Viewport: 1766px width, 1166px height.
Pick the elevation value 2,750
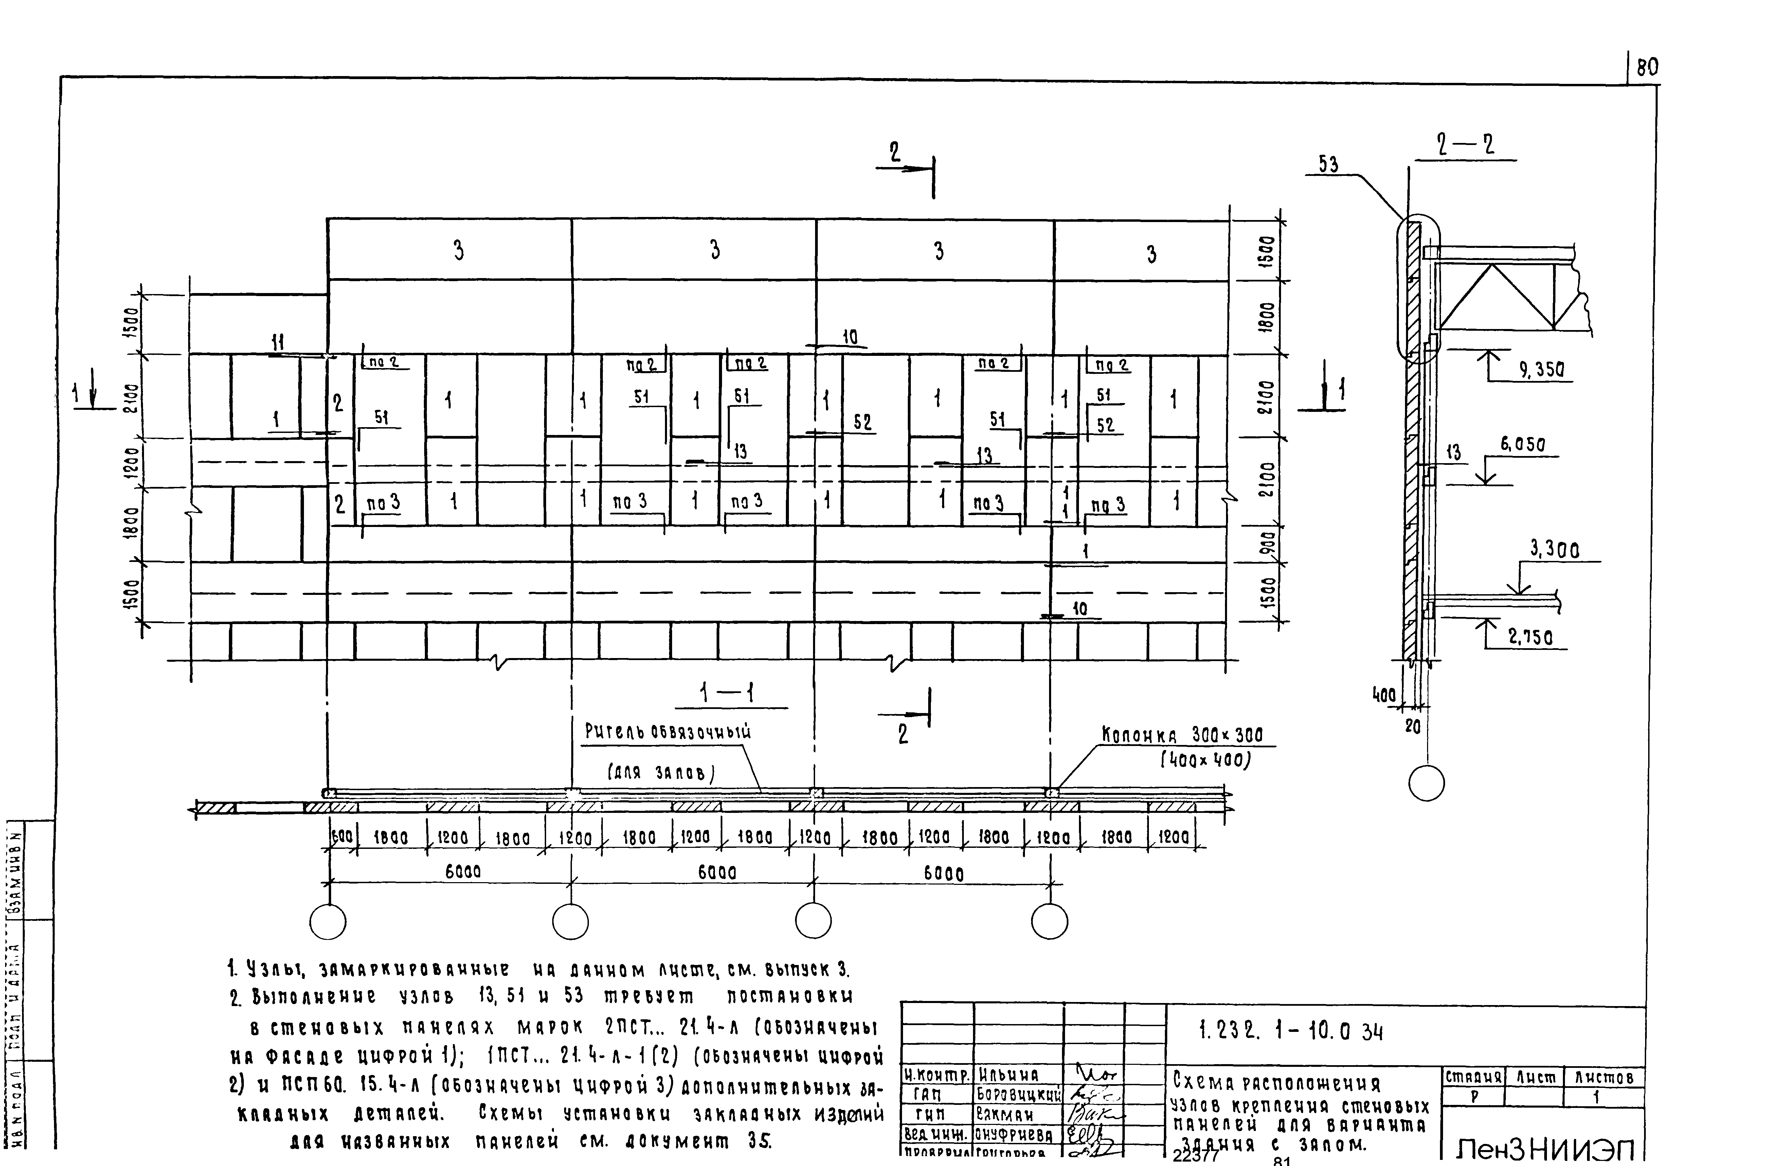(x=1530, y=637)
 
